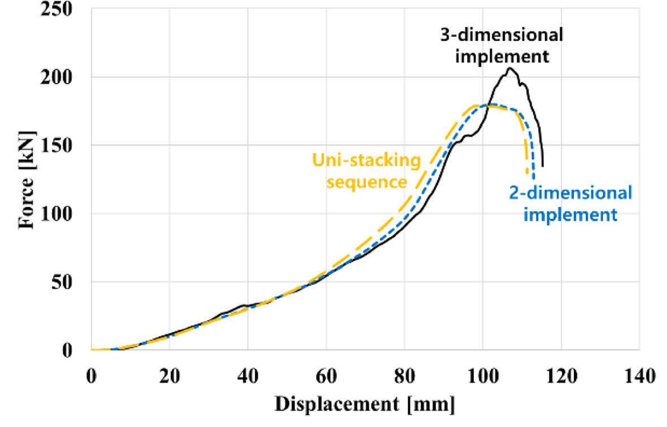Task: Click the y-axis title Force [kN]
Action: tap(27, 180)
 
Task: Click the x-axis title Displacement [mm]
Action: tap(364, 405)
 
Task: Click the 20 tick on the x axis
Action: tap(169, 376)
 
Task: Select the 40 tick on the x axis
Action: tap(247, 376)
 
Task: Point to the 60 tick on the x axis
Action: tap(326, 376)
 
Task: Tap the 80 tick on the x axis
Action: tap(404, 376)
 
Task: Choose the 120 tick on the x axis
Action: tap(561, 376)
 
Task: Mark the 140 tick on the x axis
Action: tap(639, 376)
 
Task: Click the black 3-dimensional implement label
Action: tap(502, 45)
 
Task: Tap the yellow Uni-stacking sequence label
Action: tap(367, 171)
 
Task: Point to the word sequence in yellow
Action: tap(367, 182)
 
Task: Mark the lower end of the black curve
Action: tap(543, 166)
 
